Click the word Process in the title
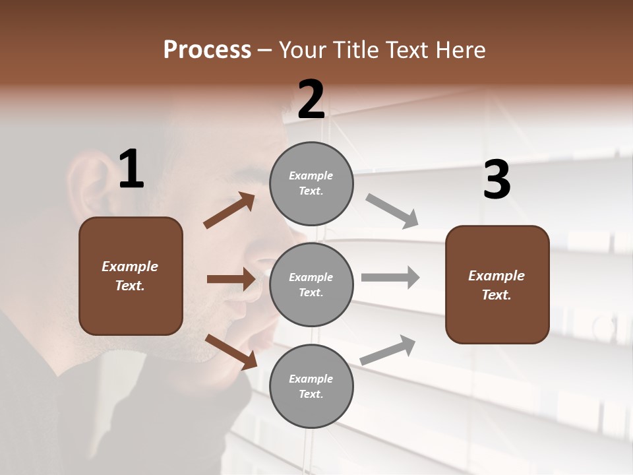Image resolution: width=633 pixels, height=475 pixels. click(x=207, y=50)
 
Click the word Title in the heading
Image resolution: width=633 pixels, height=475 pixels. click(x=357, y=50)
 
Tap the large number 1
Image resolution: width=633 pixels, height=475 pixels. click(x=131, y=170)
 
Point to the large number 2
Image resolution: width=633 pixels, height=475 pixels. click(x=311, y=100)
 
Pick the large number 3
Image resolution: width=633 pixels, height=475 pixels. click(x=497, y=181)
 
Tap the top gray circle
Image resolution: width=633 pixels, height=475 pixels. click(x=311, y=183)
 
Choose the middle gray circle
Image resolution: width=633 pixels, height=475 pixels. click(x=311, y=285)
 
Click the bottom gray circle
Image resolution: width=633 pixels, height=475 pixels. click(x=311, y=387)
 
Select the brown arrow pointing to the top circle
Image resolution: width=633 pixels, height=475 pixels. click(x=229, y=210)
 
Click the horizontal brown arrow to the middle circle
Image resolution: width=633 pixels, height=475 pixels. click(x=231, y=279)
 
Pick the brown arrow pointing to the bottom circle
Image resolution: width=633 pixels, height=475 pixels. click(x=231, y=351)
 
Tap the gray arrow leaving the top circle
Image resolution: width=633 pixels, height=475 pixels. click(x=392, y=211)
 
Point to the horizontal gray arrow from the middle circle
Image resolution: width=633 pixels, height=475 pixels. click(x=390, y=278)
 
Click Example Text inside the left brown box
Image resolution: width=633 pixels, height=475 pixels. click(x=130, y=276)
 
